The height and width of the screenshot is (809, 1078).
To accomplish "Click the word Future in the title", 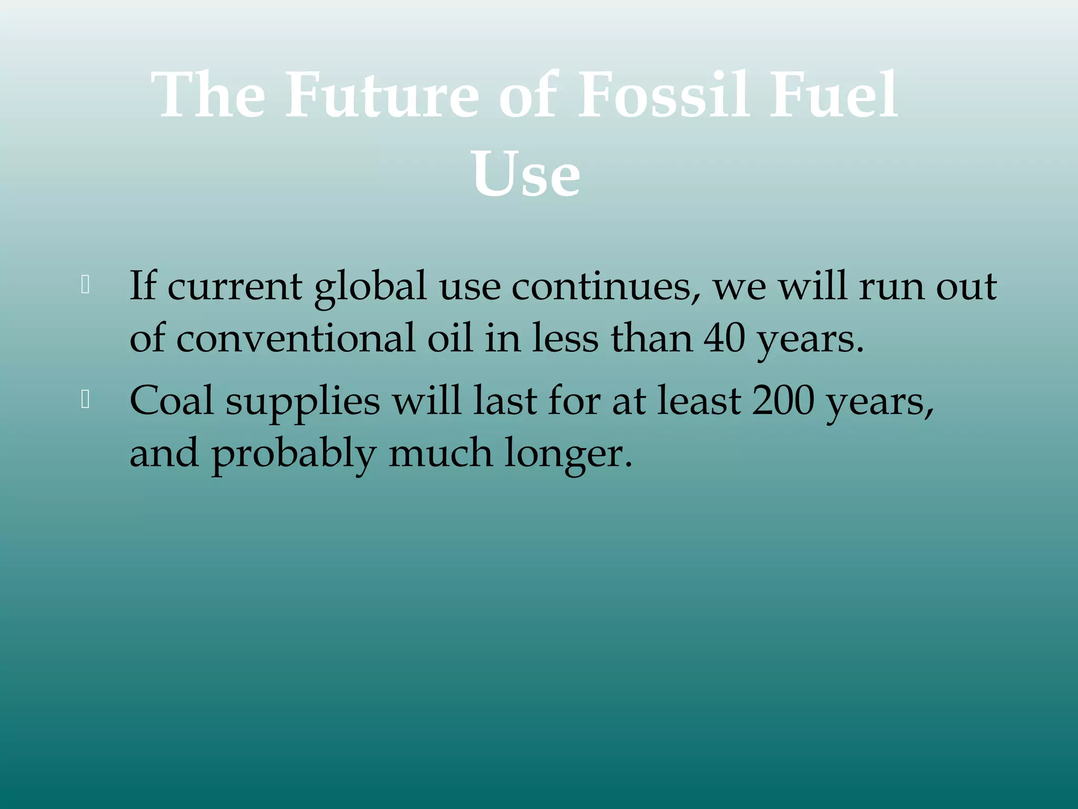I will (x=382, y=96).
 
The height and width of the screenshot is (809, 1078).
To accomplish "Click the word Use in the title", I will (x=526, y=174).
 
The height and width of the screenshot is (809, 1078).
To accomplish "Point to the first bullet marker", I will (x=85, y=285).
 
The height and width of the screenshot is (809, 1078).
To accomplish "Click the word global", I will (x=370, y=287).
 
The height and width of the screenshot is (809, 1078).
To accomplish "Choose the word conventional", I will (x=295, y=338).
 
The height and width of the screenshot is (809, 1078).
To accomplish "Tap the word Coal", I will (x=172, y=400).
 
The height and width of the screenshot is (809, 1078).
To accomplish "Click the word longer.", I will (x=568, y=455).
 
